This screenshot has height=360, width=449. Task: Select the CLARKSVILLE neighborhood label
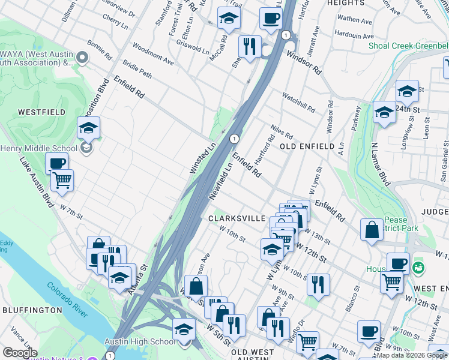[237, 219]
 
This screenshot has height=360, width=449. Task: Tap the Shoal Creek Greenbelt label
[408, 46]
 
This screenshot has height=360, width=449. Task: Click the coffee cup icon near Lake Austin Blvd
[57, 163]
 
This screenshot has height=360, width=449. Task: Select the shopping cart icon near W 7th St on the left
[62, 179]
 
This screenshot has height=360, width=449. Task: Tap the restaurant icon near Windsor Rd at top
[249, 45]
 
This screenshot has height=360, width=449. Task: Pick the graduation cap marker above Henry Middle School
[88, 127]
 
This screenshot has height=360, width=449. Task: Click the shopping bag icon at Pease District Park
[372, 229]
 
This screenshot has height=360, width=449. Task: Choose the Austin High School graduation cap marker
[184, 329]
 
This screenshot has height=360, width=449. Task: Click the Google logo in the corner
[20, 353]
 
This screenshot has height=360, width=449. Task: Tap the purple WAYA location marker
[82, 58]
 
